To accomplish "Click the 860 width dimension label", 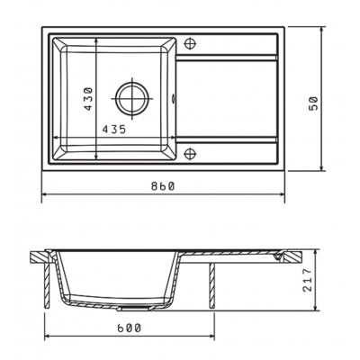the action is [162, 186].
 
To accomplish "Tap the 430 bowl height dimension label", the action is [88, 99].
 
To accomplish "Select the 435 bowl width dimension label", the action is [113, 130].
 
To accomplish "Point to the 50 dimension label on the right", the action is [312, 103].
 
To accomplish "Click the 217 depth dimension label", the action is [307, 280].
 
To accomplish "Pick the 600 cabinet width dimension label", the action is [129, 328].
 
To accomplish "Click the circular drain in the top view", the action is [132, 98].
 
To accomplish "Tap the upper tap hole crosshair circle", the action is [190, 43].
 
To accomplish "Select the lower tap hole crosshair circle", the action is [190, 154].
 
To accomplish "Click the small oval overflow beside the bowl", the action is [174, 98].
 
